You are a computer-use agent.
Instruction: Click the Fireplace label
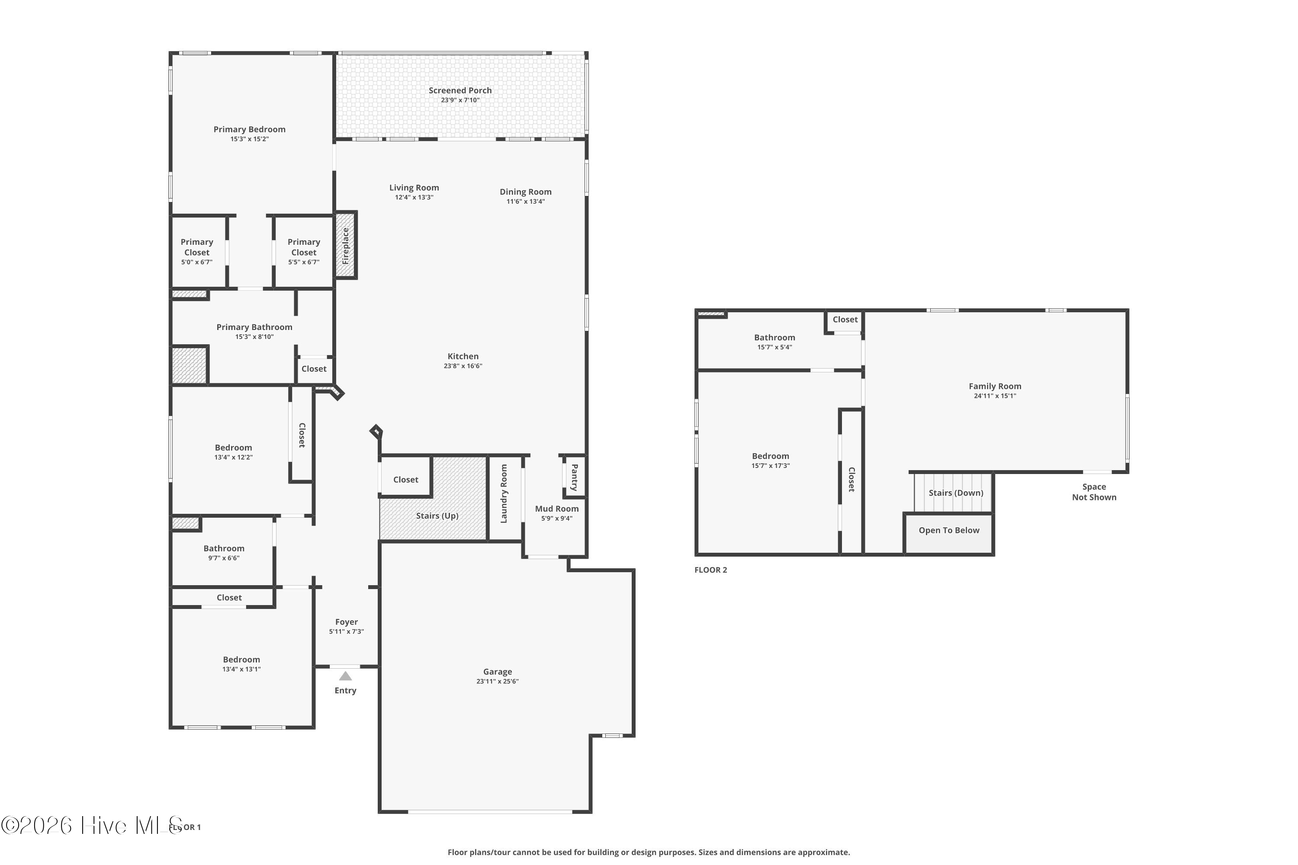(x=345, y=246)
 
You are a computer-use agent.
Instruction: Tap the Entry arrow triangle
(x=345, y=676)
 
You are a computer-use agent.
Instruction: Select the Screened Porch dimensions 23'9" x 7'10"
(x=460, y=100)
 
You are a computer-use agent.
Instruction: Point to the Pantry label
(x=575, y=477)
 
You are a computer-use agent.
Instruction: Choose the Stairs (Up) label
(x=437, y=516)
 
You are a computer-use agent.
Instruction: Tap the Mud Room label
(x=557, y=509)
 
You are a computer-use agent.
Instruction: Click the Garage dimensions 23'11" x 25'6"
(x=498, y=681)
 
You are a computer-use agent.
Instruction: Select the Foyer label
(x=347, y=622)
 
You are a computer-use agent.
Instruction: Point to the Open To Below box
(x=949, y=533)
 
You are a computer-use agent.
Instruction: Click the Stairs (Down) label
(x=956, y=493)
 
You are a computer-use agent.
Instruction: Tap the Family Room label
(x=995, y=386)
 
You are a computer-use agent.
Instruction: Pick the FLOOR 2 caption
(x=711, y=570)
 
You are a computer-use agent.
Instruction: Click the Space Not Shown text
(x=1094, y=492)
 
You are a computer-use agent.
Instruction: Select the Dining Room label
(x=525, y=192)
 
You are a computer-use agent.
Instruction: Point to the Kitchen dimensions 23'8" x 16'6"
(x=463, y=366)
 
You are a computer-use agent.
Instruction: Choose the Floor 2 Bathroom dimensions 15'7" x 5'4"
(x=775, y=347)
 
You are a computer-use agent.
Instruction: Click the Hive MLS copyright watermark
(x=92, y=825)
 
